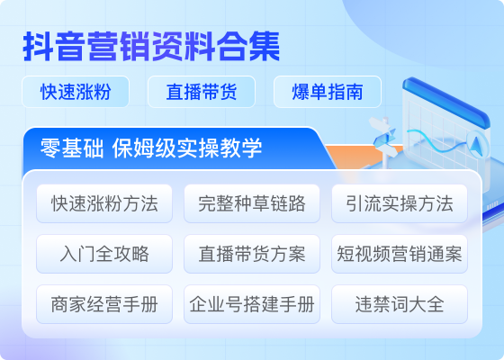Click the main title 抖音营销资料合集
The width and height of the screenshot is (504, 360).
click(151, 47)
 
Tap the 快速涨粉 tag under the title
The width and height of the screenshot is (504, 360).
click(76, 92)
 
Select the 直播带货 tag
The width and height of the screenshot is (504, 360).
click(202, 92)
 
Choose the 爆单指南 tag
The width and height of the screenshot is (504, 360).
click(328, 92)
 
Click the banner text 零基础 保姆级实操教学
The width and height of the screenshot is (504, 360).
click(151, 148)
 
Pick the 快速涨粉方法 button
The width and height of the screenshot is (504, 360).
click(104, 203)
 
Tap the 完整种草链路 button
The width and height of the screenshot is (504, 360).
click(252, 203)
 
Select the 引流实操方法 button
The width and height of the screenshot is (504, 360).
click(400, 203)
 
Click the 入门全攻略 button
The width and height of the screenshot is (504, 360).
click(104, 254)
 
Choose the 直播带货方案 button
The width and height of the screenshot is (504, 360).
click(252, 254)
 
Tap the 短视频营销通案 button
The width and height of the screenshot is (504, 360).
click(400, 254)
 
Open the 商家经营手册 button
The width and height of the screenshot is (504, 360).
click(104, 304)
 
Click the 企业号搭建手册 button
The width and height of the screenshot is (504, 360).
click(252, 304)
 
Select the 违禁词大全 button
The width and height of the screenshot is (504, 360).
click(400, 304)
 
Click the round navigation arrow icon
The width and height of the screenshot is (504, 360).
click(477, 145)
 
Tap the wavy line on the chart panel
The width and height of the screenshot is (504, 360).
click(437, 140)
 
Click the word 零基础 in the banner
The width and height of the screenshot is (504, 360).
click(72, 148)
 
